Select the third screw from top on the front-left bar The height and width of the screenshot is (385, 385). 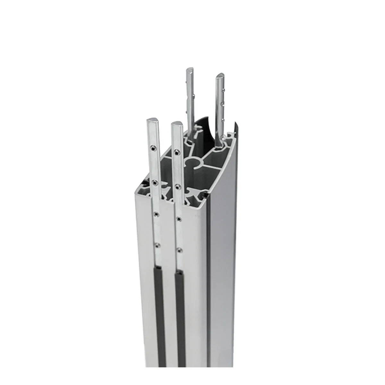[x=156, y=213]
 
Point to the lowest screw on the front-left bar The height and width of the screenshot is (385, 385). [x=156, y=245]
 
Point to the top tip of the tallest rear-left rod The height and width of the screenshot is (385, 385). [x=190, y=70]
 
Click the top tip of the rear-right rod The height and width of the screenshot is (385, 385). [x=221, y=76]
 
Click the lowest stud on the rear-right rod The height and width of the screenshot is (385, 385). [x=223, y=119]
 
